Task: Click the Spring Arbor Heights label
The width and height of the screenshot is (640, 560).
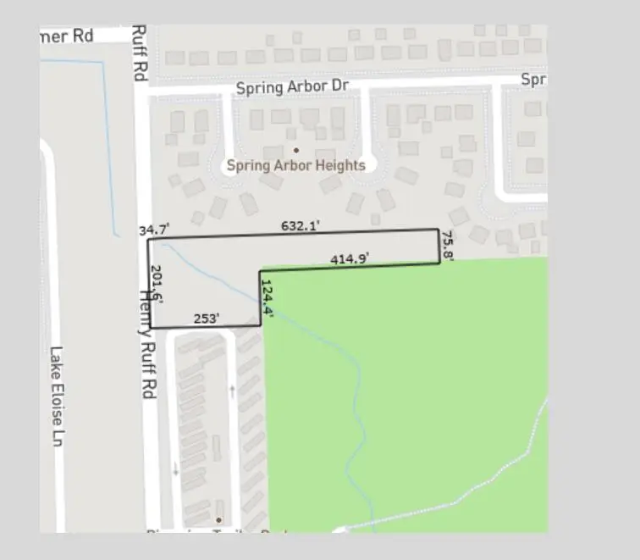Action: (x=295, y=165)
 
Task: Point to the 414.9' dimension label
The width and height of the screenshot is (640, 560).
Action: (x=350, y=258)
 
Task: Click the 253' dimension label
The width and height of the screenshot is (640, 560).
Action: (x=207, y=318)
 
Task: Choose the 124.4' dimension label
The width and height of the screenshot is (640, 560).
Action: (x=268, y=298)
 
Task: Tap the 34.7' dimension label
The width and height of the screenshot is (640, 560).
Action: (x=154, y=230)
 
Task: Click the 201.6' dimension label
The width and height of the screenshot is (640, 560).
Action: (x=157, y=284)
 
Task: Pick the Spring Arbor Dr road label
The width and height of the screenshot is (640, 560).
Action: (x=292, y=87)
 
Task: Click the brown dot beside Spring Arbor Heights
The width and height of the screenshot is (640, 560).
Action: (x=295, y=150)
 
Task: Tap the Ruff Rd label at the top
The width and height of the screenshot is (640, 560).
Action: (x=140, y=53)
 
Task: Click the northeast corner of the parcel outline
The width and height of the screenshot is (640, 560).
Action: (x=438, y=230)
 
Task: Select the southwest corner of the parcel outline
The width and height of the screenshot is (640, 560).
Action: (x=149, y=328)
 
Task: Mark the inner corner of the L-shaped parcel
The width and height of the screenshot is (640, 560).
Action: (x=260, y=271)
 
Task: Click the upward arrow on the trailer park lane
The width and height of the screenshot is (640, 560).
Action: (x=233, y=390)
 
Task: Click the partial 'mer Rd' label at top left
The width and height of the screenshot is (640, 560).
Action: (x=68, y=36)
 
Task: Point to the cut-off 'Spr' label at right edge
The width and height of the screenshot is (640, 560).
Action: (x=532, y=80)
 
